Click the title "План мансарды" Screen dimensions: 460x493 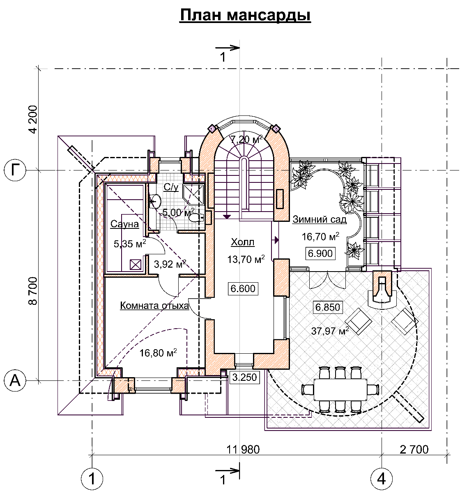click(245, 15)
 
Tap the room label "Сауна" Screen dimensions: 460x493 click(124, 224)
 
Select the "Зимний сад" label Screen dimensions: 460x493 click(320, 219)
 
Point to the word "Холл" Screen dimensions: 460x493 click(243, 242)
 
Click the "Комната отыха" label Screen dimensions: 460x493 click(154, 305)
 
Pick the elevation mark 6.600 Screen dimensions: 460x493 click(243, 288)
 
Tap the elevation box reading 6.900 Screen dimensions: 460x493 click(320, 253)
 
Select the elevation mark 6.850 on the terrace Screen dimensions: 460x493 click(328, 307)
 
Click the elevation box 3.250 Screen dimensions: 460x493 click(244, 378)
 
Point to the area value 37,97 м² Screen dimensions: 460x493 click(330, 331)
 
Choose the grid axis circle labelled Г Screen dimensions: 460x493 click(15, 170)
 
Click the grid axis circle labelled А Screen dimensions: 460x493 click(15, 380)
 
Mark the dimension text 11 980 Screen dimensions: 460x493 click(243, 449)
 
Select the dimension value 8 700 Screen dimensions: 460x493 click(33, 291)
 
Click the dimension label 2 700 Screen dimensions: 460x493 click(414, 449)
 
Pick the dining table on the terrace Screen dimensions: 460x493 click(340, 389)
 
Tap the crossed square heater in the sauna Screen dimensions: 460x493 click(136, 265)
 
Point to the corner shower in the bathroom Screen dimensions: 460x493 click(193, 194)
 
